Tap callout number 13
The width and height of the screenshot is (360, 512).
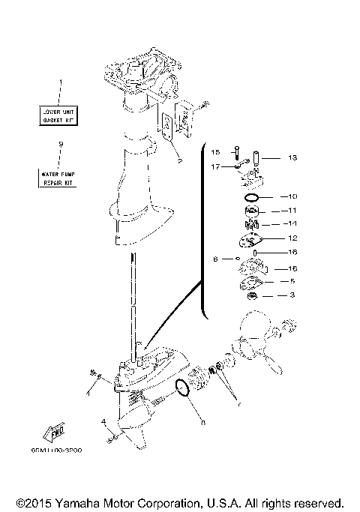pos(292,157)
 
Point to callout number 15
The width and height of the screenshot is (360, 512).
pos(214,152)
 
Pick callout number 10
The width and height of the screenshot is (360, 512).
pos(292,196)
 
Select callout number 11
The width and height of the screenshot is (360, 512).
pos(292,211)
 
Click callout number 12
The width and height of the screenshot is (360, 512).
pos(292,238)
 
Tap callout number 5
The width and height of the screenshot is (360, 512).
pos(292,282)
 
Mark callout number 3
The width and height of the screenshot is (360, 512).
pos(292,296)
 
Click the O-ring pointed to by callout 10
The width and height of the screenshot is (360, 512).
pos(253,197)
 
